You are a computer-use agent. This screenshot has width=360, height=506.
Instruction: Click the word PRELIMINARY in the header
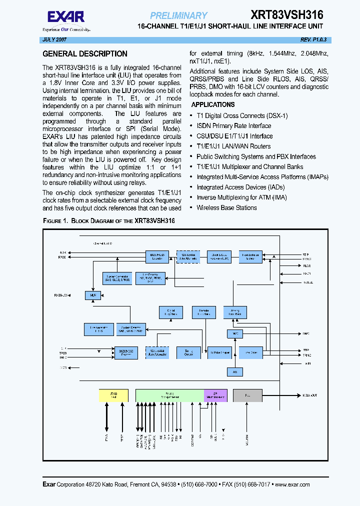point(178,15)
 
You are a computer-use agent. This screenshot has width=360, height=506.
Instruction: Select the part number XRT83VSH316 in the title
point(287,15)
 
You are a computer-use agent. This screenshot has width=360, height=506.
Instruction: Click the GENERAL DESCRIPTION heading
point(85,54)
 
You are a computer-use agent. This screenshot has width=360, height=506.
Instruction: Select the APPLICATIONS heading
point(213,105)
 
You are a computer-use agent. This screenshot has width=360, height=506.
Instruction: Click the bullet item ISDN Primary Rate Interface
point(233,126)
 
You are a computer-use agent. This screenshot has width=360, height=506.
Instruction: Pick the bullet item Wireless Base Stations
point(226,207)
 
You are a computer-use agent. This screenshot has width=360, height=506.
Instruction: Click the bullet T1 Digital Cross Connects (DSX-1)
point(242,116)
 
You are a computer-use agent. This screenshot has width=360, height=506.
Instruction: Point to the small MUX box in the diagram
point(92,295)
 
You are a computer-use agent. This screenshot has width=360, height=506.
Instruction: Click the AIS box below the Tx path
point(235,371)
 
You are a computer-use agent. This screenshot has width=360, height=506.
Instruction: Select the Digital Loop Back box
point(170,312)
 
